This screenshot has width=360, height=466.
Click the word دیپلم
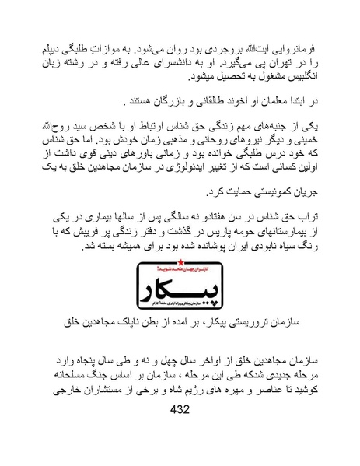point(58,39)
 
